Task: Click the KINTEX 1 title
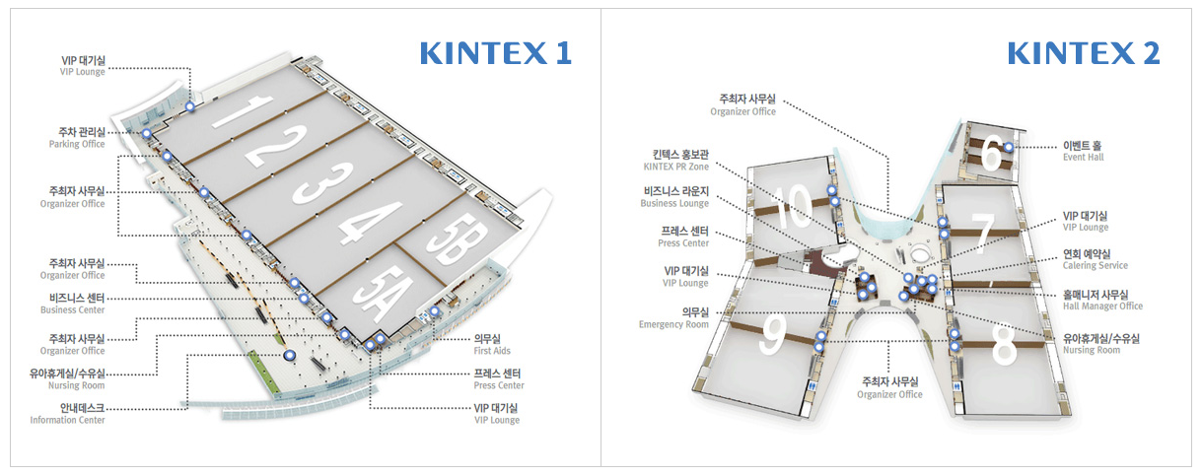495,53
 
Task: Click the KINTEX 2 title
1084,53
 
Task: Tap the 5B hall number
458,238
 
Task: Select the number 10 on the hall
792,206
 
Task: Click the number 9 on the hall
773,334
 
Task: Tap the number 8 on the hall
1003,344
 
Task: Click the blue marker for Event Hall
1009,147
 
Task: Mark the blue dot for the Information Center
290,355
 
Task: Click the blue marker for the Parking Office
147,133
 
